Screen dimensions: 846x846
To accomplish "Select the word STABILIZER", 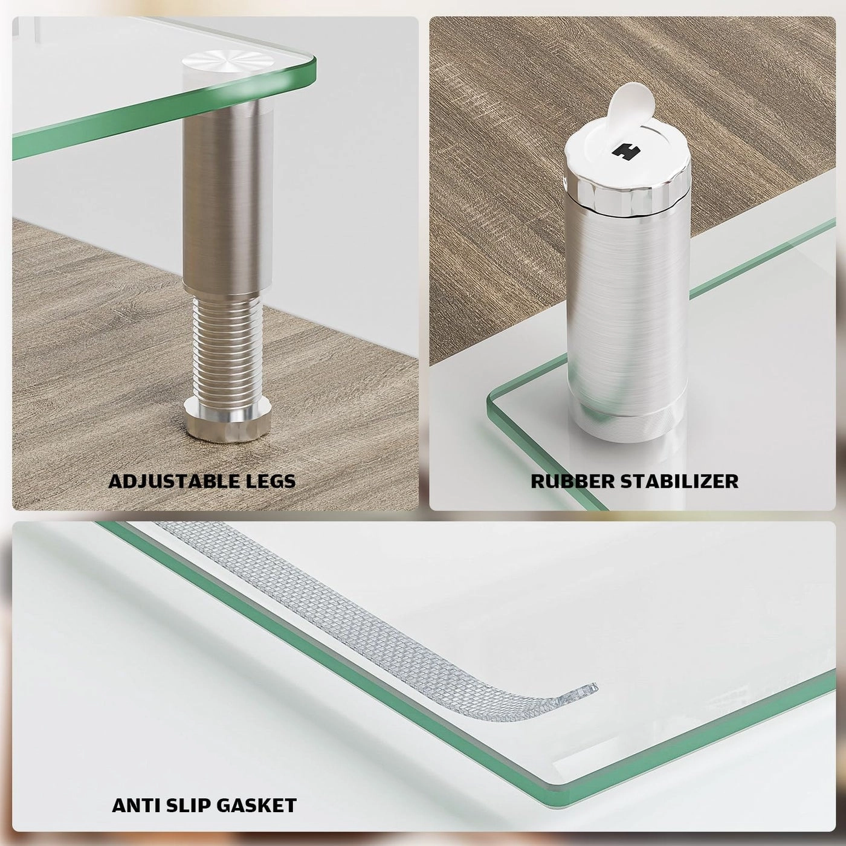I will [x=676, y=481].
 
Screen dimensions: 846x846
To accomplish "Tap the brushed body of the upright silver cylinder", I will [x=626, y=302].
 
